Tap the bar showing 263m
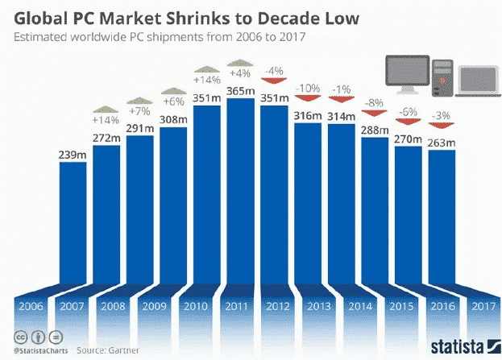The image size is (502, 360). coord(442,217)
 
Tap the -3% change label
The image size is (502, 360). coord(442,115)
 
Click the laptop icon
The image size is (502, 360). coord(477,80)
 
